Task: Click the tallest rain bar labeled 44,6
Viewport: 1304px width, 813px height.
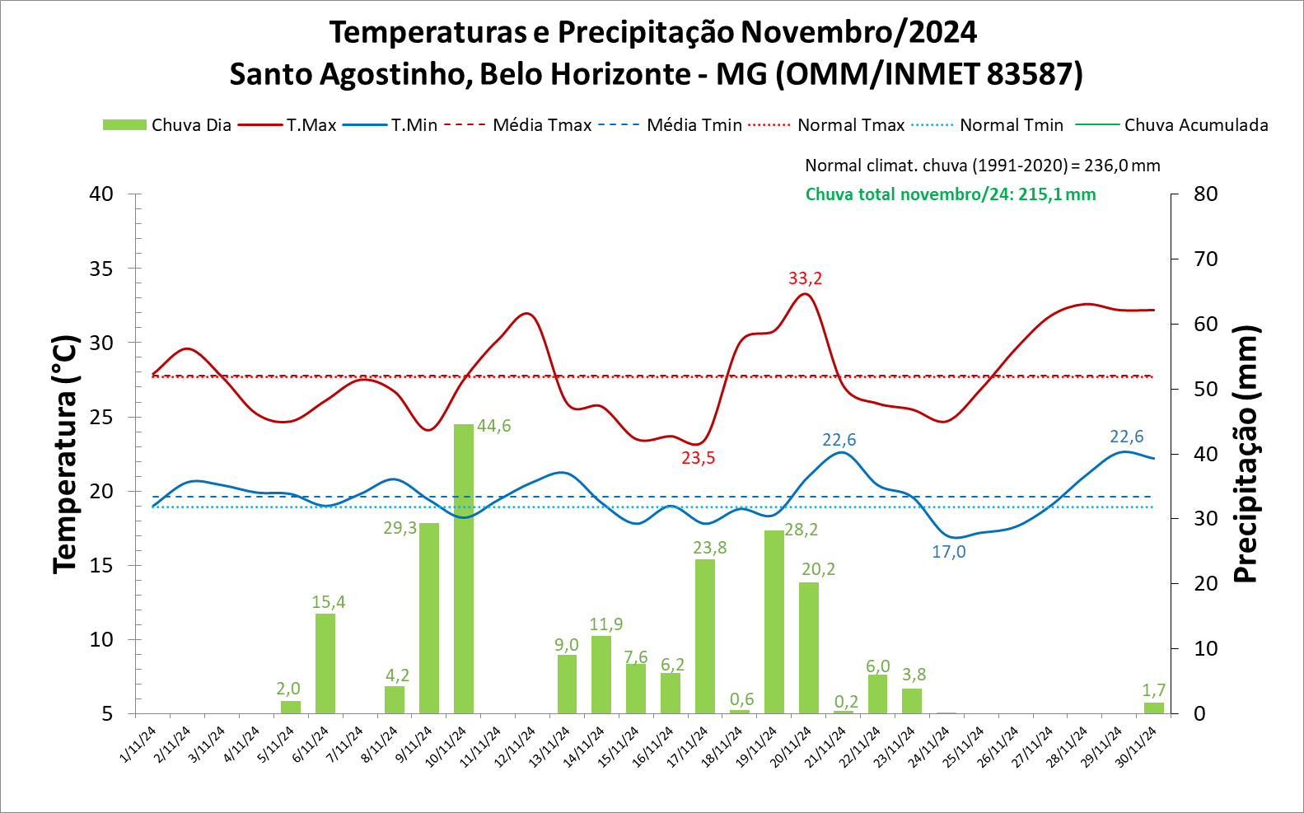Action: [x=464, y=568]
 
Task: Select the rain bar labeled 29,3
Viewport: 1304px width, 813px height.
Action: [x=429, y=618]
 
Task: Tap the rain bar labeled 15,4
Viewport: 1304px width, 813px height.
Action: [x=325, y=663]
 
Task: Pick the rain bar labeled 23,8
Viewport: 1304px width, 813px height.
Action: [x=705, y=636]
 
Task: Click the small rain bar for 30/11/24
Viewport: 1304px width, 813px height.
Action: [x=1154, y=708]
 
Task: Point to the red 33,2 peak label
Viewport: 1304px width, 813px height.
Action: [x=805, y=278]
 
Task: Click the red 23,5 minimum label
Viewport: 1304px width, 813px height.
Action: [x=698, y=458]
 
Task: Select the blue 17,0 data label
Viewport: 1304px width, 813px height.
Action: [x=948, y=552]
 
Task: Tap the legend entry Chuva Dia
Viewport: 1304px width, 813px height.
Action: [x=167, y=125]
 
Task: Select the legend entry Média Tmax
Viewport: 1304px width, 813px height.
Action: [x=518, y=125]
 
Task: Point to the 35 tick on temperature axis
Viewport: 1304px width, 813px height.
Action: [x=101, y=269]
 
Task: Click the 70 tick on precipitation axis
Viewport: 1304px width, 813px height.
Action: [x=1205, y=259]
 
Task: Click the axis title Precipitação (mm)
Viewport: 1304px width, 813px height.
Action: [x=1246, y=454]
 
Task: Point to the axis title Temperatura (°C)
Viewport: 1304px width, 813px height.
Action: [x=65, y=454]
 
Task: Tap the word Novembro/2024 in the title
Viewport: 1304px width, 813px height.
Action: [x=858, y=32]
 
